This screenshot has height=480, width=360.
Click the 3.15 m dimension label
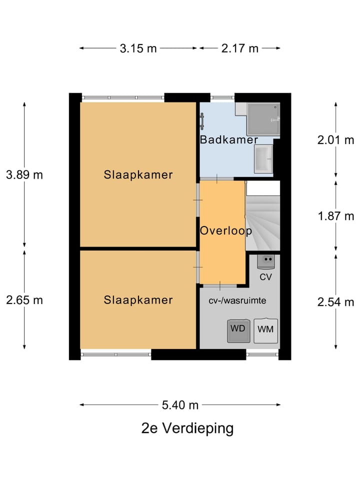(x=138, y=48)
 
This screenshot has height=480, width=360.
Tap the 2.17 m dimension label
(x=239, y=48)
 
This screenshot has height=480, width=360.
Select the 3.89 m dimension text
(x=24, y=175)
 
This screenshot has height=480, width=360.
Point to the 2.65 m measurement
(x=24, y=300)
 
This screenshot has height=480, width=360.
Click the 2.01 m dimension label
(x=335, y=140)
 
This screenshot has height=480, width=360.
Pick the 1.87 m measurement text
(x=336, y=216)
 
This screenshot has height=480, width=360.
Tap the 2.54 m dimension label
(x=335, y=302)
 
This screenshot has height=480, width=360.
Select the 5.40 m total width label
(x=180, y=405)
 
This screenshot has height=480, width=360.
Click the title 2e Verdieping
(x=187, y=428)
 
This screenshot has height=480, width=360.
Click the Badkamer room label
(x=228, y=139)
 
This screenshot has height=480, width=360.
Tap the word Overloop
(x=226, y=231)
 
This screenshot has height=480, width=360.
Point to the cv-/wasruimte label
(x=237, y=300)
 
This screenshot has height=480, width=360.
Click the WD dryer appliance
(x=238, y=331)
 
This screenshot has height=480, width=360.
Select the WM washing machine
(x=265, y=330)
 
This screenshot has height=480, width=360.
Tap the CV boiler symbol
(x=265, y=262)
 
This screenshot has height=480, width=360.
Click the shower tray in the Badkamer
(x=263, y=119)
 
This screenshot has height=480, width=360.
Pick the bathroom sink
(x=263, y=159)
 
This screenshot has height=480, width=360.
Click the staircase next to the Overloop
(x=263, y=216)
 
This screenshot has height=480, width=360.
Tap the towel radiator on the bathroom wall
(x=201, y=121)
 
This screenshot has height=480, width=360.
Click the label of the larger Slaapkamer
(x=138, y=175)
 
